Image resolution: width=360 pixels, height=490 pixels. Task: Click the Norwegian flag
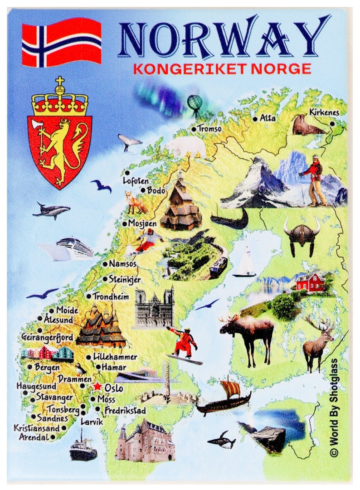pos(62,42)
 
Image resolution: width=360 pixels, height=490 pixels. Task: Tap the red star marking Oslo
pos(97,387)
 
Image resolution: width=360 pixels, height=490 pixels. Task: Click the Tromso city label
pos(209,129)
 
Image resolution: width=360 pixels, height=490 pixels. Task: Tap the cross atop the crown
pos(59,82)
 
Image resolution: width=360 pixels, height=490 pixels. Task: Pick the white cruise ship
pos(73,247)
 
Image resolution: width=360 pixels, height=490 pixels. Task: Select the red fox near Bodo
pos(136,202)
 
